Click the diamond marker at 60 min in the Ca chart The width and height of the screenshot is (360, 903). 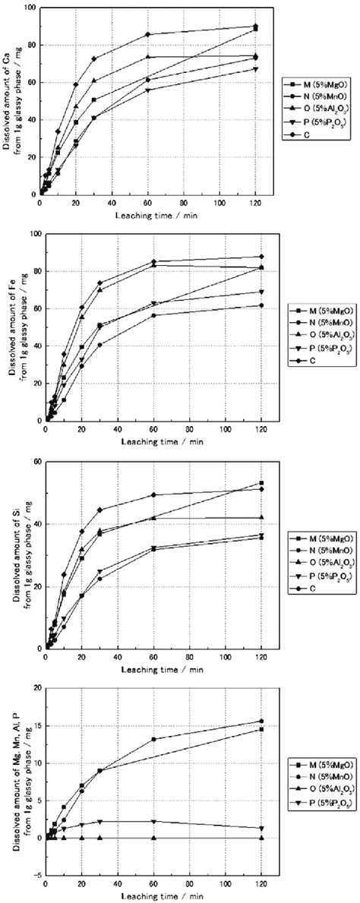click(x=148, y=34)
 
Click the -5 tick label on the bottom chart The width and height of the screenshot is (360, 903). click(x=31, y=876)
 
